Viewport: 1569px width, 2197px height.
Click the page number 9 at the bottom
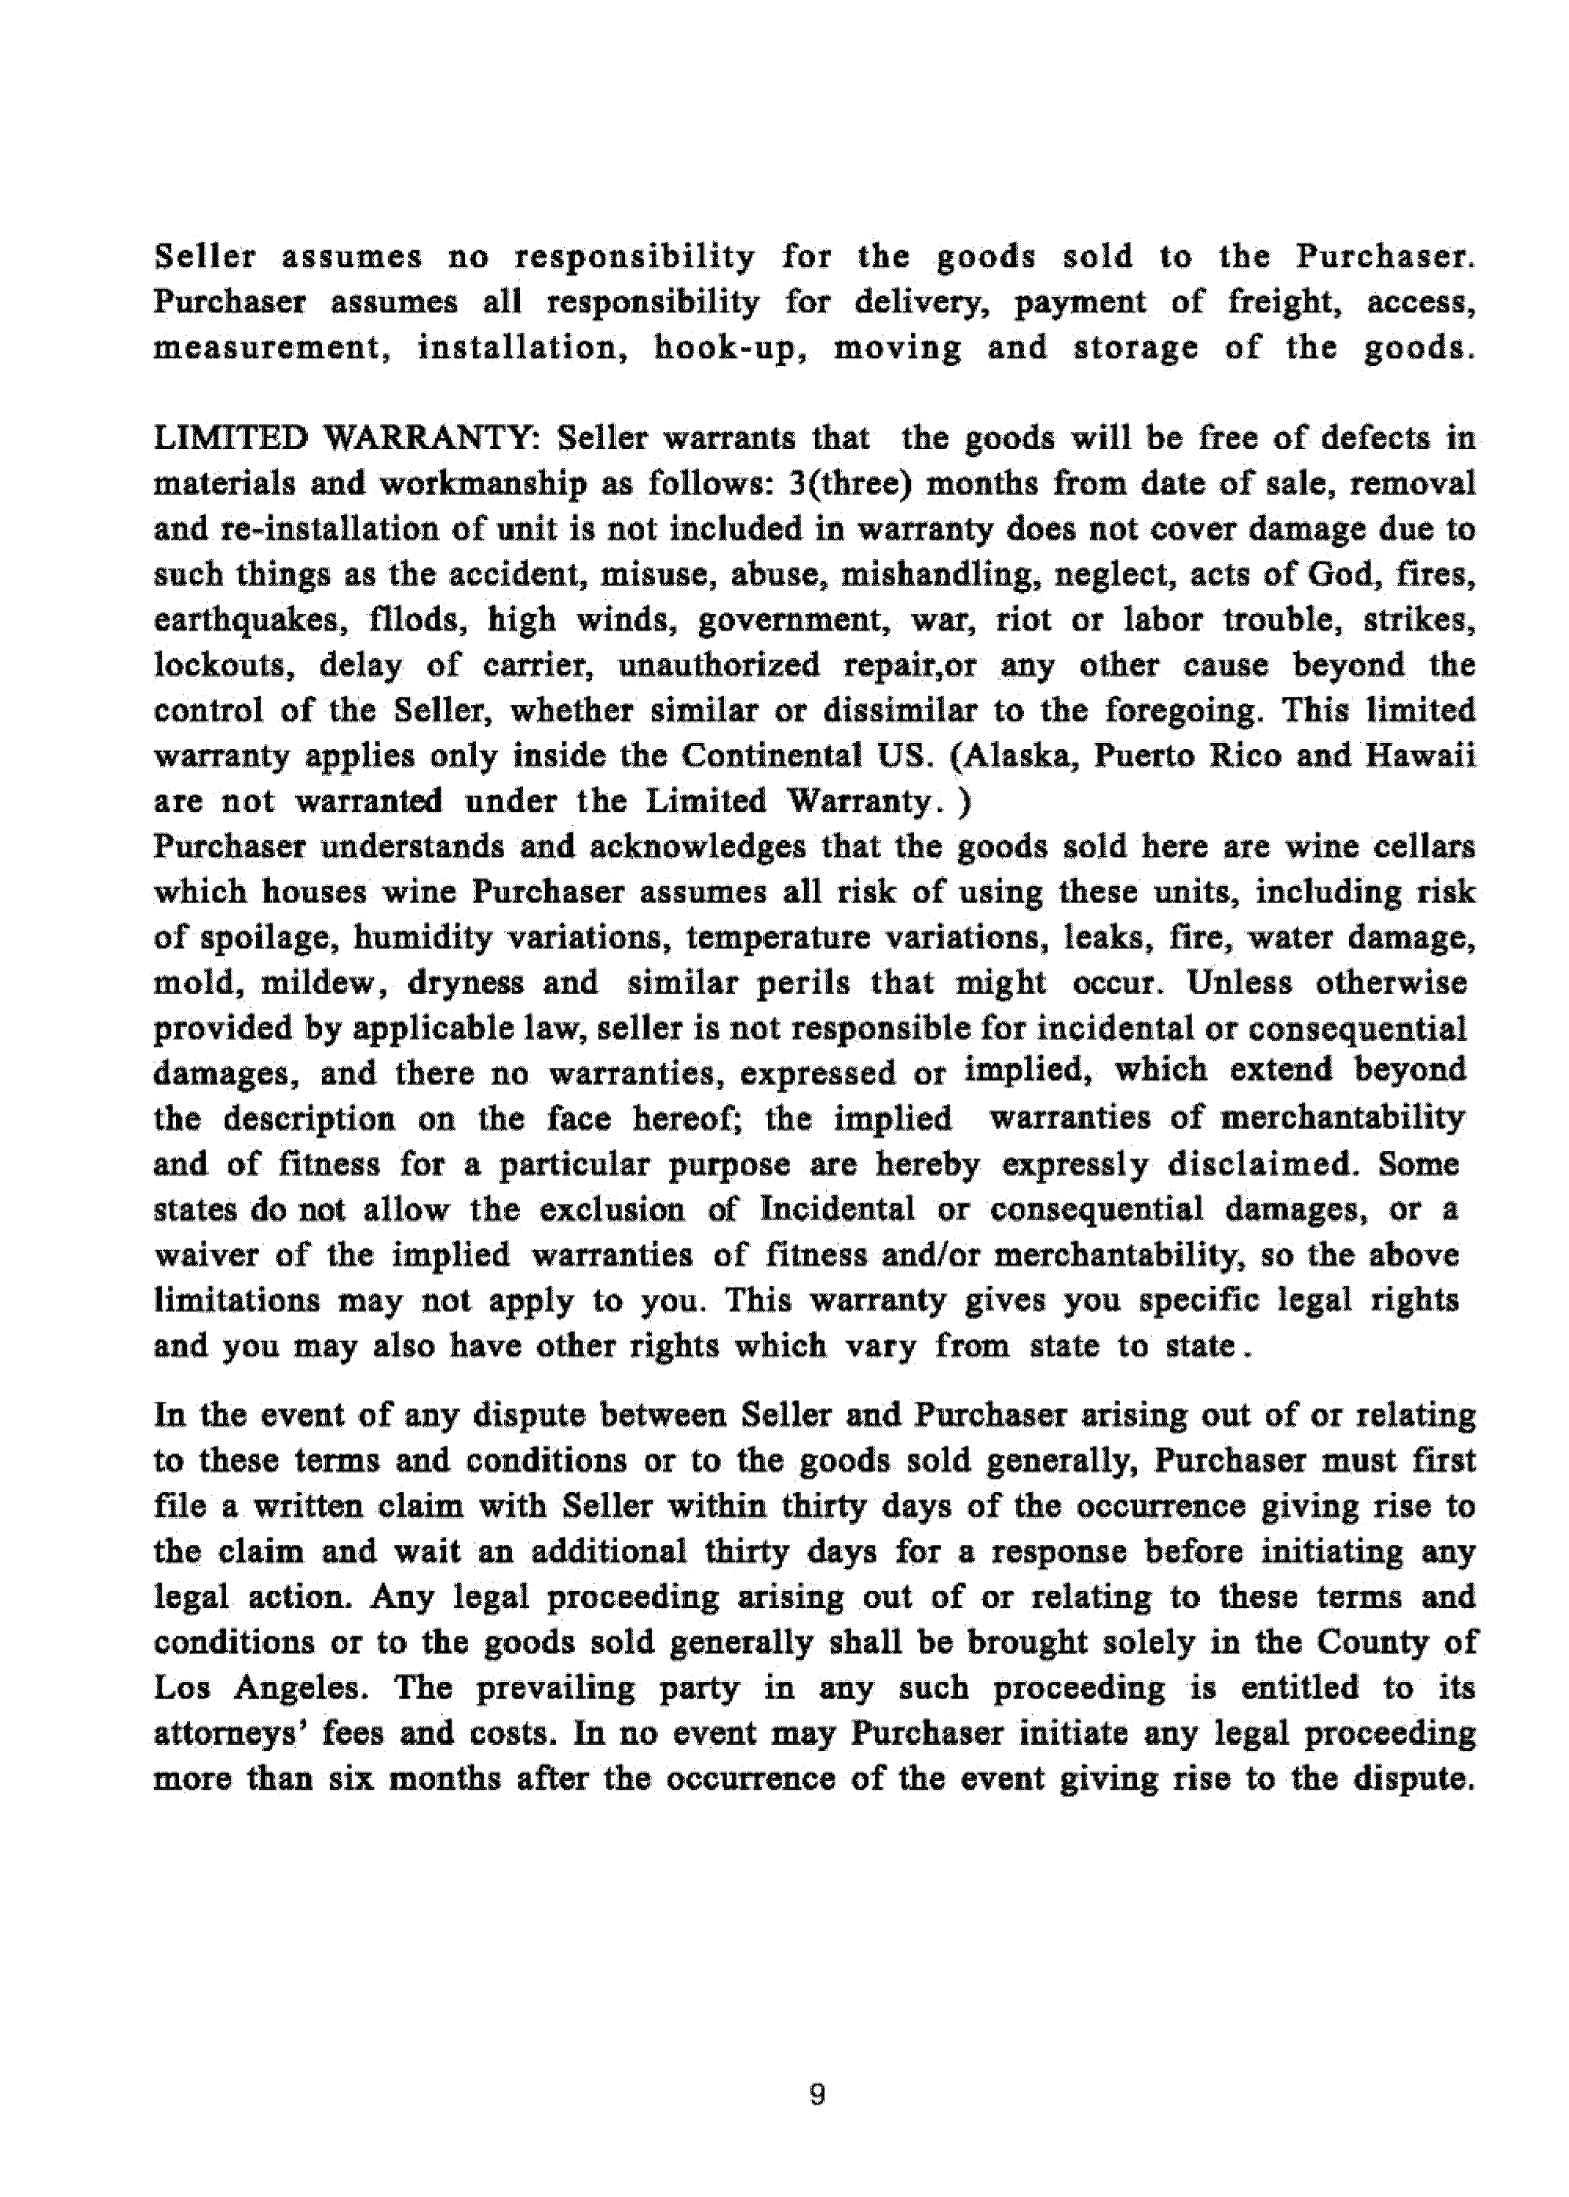817,2095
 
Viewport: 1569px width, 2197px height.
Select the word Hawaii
1421,755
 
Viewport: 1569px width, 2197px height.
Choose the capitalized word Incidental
836,1209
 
